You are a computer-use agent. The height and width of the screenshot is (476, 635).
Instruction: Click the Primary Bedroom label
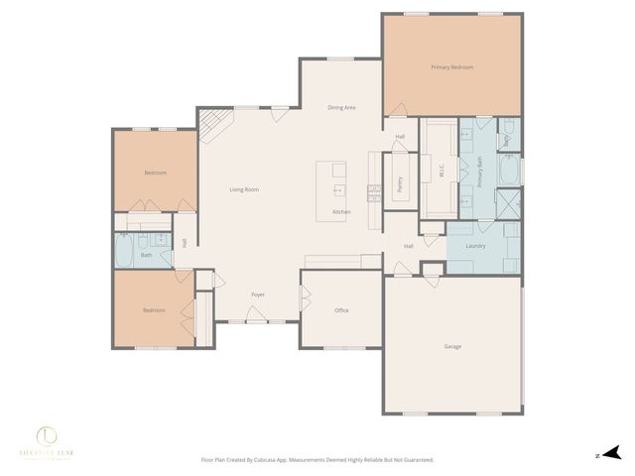[x=451, y=67]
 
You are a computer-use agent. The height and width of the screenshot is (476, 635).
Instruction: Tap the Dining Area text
[x=341, y=107]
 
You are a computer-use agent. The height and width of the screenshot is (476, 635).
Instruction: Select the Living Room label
[x=244, y=188]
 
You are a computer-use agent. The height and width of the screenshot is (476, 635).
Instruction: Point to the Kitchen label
[x=341, y=212]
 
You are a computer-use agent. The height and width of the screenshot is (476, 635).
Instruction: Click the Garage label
[x=452, y=346]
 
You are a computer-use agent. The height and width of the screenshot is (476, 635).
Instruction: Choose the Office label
[x=341, y=310]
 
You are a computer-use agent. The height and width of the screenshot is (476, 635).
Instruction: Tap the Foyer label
[x=258, y=295]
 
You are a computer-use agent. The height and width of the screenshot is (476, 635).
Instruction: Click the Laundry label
[x=475, y=244]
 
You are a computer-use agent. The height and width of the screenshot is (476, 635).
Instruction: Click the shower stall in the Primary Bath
[x=509, y=203]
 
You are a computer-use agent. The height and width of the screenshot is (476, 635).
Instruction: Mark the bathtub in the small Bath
[x=126, y=252]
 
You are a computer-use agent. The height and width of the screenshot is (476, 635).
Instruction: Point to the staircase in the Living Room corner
[x=214, y=124]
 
